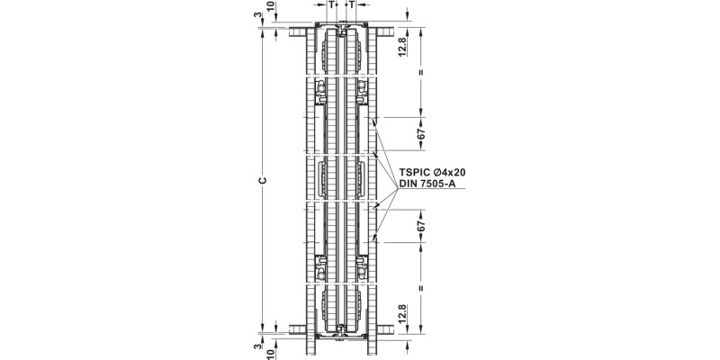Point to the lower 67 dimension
(421, 226)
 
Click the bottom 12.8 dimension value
(403, 316)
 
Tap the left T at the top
(332, 5)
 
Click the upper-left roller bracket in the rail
(319, 89)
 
